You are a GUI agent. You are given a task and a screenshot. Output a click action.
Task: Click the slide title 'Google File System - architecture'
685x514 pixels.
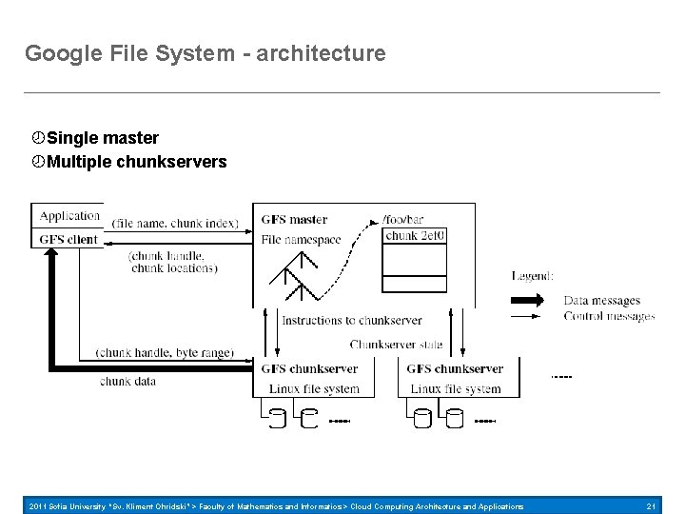tap(205, 53)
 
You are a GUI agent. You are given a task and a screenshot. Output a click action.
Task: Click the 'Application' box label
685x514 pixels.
tap(69, 216)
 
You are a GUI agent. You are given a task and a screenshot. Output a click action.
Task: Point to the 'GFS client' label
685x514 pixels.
tap(69, 239)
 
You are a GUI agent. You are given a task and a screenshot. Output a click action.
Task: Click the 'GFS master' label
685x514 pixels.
tap(294, 220)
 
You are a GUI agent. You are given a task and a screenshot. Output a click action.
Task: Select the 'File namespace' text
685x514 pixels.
tap(301, 240)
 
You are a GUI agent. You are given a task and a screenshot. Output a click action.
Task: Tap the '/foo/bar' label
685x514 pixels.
tap(403, 220)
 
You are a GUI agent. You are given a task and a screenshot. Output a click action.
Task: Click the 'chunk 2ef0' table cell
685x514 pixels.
tap(415, 236)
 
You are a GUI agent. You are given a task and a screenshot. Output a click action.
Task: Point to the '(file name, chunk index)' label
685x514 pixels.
tap(174, 224)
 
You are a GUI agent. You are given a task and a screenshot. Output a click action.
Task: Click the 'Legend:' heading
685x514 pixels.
tap(532, 276)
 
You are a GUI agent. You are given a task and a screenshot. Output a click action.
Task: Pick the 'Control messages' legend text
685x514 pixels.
tap(609, 316)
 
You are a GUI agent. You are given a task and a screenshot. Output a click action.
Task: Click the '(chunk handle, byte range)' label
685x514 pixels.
tap(165, 352)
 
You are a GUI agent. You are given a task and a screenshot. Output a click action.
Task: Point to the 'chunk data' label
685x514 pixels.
tap(127, 381)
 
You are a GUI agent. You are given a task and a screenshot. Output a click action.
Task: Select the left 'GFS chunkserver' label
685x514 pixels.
tap(309, 369)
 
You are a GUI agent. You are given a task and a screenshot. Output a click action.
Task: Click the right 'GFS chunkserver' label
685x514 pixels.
tap(455, 369)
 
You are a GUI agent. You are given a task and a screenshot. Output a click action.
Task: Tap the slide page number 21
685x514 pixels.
tap(651, 506)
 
